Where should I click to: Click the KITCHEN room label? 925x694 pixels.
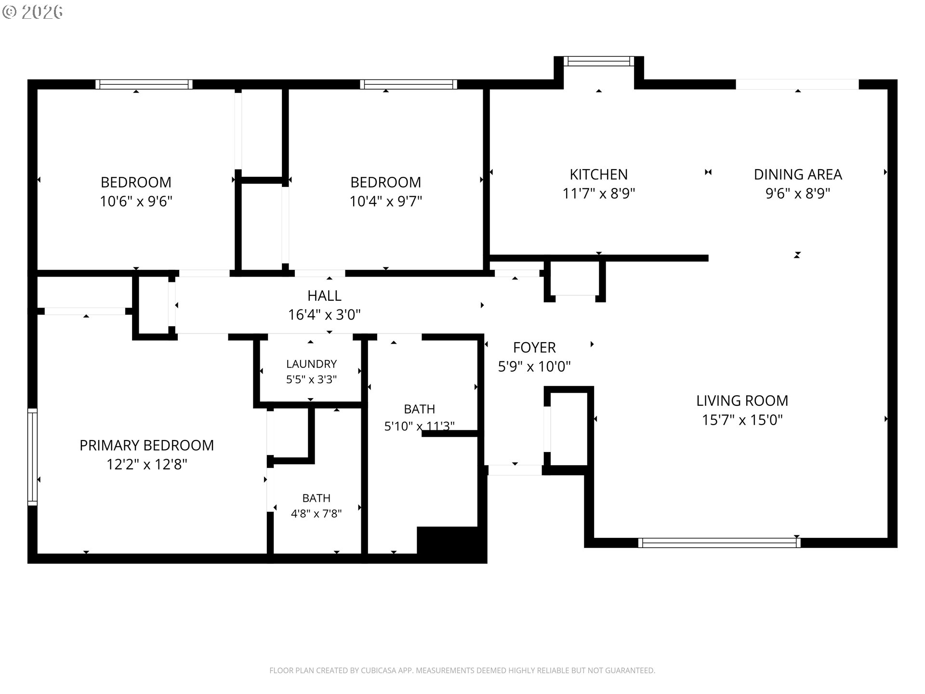click(x=598, y=174)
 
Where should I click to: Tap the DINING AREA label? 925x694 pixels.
click(x=798, y=174)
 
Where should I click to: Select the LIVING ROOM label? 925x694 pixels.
click(x=742, y=400)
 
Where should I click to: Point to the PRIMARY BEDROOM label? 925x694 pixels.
click(x=146, y=445)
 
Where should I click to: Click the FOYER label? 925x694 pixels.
click(x=534, y=347)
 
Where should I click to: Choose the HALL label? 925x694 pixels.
click(x=324, y=295)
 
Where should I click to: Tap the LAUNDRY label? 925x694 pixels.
click(x=311, y=364)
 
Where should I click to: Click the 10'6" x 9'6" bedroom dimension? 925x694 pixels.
click(x=136, y=201)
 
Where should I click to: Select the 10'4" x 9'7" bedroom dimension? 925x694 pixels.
click(x=385, y=201)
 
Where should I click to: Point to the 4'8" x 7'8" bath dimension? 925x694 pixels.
click(x=316, y=513)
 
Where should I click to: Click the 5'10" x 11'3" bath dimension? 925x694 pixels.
click(x=419, y=426)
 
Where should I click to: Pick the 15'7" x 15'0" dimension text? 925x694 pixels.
click(x=742, y=420)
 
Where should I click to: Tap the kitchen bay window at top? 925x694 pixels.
click(x=599, y=61)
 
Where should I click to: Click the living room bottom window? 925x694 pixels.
click(x=719, y=543)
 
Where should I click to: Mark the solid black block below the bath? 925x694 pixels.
click(x=452, y=545)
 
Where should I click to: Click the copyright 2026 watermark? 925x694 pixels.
click(x=33, y=12)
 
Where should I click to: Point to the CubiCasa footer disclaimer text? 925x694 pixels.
click(x=462, y=670)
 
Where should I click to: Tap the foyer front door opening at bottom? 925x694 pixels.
click(x=515, y=470)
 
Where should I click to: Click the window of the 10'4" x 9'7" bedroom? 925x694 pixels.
click(x=409, y=84)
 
